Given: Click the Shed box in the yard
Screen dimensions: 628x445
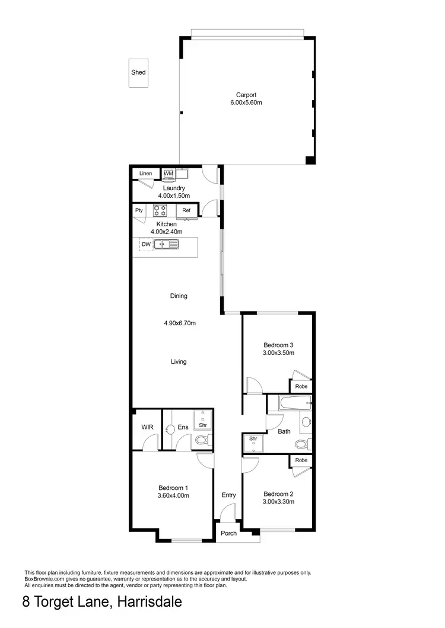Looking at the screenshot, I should pos(138,73).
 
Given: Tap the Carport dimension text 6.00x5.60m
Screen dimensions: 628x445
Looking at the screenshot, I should pos(246,102).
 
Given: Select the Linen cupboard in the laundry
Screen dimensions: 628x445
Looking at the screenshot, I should pos(145,174).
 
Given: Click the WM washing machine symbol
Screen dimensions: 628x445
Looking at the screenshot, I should pos(168,174).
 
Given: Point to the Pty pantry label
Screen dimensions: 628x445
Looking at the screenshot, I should pos(139,210).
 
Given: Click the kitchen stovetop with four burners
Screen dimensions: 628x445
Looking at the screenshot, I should pos(160,210).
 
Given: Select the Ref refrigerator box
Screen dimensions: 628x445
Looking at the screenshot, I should pos(186,210).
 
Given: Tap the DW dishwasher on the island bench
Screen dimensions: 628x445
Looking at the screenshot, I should pos(145,244).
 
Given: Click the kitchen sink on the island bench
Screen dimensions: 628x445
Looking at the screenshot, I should pos(166,244).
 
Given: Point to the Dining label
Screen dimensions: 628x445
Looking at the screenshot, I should pos(179,296).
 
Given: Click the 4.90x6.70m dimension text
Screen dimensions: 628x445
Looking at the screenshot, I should pos(180,323).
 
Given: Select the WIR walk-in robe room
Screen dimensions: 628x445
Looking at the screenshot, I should pos(147,427).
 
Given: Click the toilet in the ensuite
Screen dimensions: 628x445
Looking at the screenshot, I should pos(201,440).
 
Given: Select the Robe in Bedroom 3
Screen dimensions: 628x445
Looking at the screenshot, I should pos(301,386).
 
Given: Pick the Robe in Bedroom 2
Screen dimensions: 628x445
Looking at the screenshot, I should pos(301,460).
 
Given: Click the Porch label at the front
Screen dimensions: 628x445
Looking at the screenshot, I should pos(229,533).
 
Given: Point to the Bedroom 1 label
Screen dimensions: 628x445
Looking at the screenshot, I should pos(173,488).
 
